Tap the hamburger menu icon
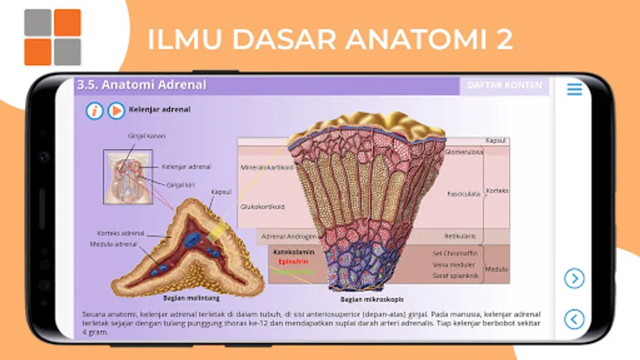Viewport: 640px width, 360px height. click(x=574, y=89)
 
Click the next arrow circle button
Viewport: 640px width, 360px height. click(x=574, y=279)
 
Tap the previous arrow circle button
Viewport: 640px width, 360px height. click(x=574, y=318)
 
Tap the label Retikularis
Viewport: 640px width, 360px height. click(x=460, y=235)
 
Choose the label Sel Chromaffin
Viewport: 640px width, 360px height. click(x=455, y=253)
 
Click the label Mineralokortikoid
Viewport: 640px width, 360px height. click(x=264, y=168)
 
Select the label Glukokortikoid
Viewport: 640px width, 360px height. click(x=262, y=206)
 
